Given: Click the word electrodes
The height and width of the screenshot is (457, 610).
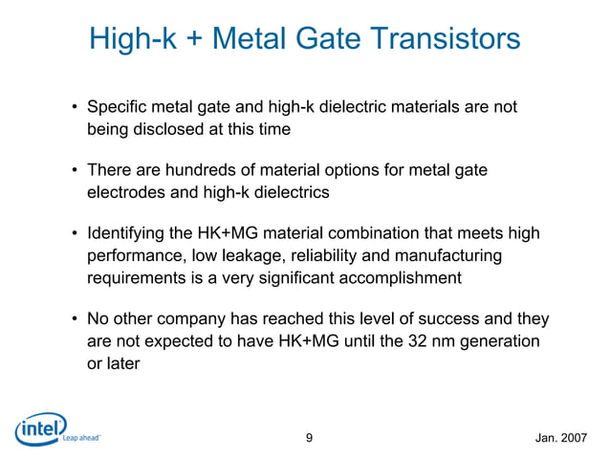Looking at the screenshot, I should [124, 192].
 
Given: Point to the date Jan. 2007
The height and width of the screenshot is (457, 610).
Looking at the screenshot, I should [562, 439].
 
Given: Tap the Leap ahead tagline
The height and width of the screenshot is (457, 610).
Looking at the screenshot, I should [80, 441].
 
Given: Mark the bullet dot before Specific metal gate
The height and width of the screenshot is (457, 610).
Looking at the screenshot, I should [73, 108].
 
